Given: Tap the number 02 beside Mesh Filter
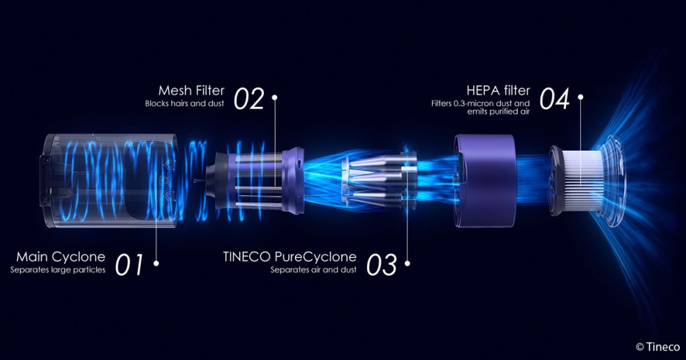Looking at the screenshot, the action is click(249, 99).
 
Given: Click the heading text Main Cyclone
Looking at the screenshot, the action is click(60, 257).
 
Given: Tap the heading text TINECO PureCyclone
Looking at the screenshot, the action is click(289, 257).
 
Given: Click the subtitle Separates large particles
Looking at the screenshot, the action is click(58, 269).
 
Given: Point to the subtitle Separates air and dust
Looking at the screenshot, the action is click(314, 269).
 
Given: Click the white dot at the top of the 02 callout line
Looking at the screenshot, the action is click(274, 97).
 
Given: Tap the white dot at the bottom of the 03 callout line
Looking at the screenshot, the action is click(408, 262).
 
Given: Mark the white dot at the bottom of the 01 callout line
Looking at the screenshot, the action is click(156, 262).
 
